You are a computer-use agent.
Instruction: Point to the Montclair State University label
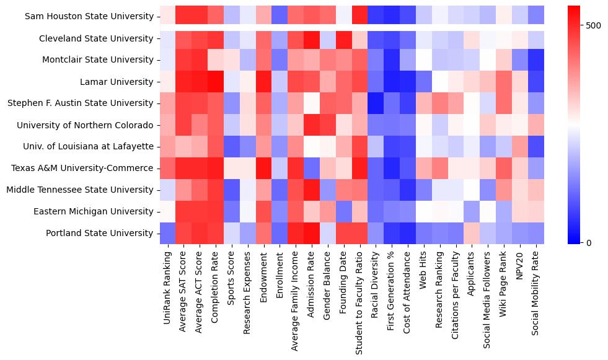click(x=99, y=60)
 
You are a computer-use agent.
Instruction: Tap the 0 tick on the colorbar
click(x=589, y=242)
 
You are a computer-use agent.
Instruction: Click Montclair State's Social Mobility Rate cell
click(x=537, y=60)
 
